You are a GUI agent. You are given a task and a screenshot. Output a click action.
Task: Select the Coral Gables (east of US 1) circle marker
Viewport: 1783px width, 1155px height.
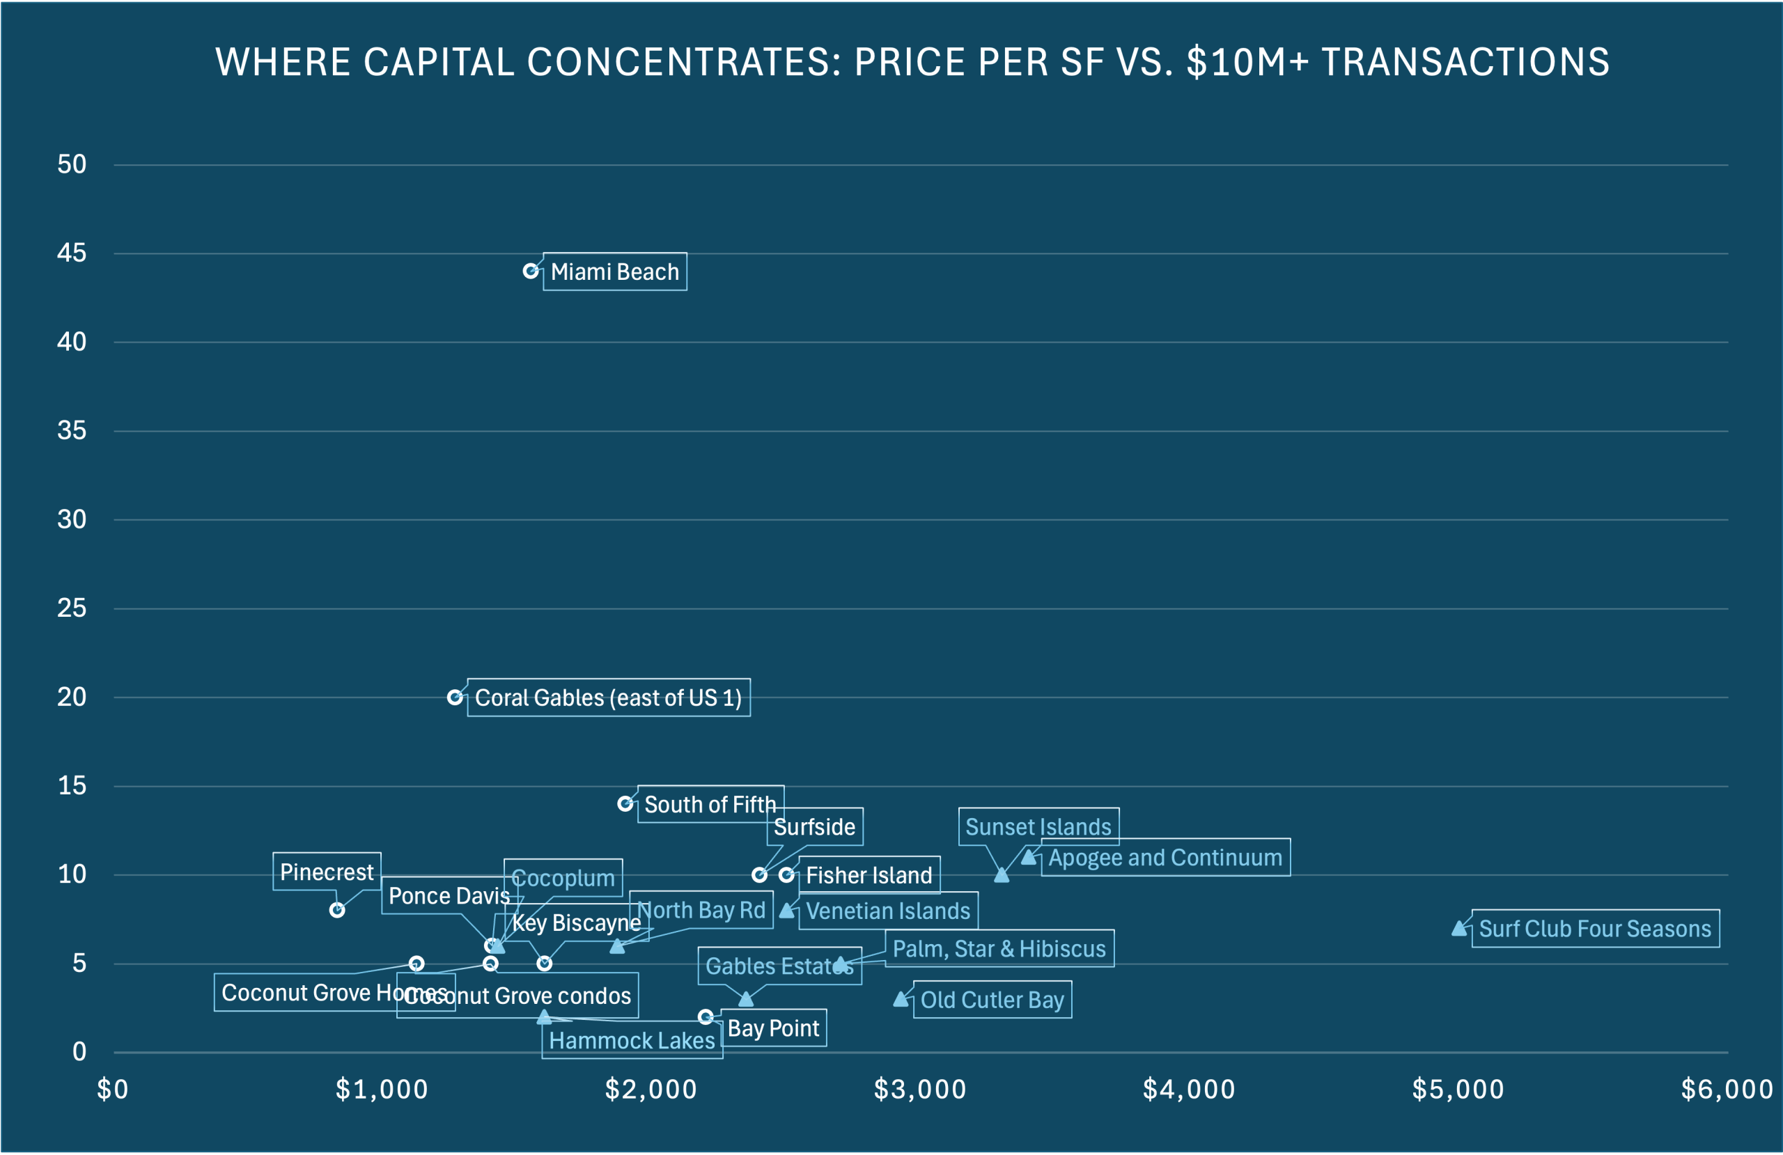pyautogui.click(x=455, y=698)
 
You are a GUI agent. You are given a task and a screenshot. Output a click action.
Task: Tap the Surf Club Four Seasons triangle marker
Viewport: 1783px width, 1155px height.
pyautogui.click(x=1459, y=929)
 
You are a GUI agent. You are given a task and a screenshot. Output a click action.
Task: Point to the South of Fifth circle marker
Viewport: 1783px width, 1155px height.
pyautogui.click(x=625, y=803)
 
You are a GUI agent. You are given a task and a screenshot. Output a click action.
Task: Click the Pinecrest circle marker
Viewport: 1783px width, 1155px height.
pyautogui.click(x=337, y=910)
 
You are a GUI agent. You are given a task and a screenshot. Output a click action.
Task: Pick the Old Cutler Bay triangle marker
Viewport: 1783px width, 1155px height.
pyautogui.click(x=901, y=999)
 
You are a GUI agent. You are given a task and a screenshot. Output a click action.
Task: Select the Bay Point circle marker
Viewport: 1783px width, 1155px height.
pyautogui.click(x=705, y=1016)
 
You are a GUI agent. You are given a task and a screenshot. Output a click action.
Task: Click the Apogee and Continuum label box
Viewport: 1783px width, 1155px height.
pyautogui.click(x=1165, y=858)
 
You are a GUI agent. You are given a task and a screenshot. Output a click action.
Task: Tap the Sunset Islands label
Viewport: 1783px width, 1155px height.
pyautogui.click(x=1038, y=827)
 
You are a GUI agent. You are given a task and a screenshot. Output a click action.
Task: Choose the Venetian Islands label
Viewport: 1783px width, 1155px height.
pyautogui.click(x=888, y=911)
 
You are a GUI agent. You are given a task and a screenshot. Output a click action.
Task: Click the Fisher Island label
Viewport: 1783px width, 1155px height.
pyautogui.click(x=869, y=875)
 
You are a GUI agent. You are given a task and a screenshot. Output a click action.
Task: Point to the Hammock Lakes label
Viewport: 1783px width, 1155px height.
pyautogui.click(x=632, y=1040)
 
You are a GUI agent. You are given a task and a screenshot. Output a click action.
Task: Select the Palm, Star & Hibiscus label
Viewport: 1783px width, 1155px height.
pyautogui.click(x=999, y=949)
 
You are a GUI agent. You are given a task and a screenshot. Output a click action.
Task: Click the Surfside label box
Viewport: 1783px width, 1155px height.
pyautogui.click(x=814, y=827)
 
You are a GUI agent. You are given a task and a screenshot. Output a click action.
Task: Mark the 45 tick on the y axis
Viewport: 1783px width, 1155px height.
pyautogui.click(x=72, y=253)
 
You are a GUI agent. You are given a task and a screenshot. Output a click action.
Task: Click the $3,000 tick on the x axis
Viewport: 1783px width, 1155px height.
pyautogui.click(x=920, y=1090)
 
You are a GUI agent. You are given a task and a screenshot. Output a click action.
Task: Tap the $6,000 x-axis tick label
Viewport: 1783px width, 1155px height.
pyautogui.click(x=1727, y=1090)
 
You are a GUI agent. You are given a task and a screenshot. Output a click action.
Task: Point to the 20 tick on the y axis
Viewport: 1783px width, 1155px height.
pyautogui.click(x=72, y=698)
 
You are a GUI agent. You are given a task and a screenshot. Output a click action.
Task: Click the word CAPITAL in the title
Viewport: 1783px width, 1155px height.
pyautogui.click(x=439, y=61)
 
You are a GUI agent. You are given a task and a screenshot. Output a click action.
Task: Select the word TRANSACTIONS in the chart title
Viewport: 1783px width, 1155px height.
pyautogui.click(x=1465, y=61)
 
